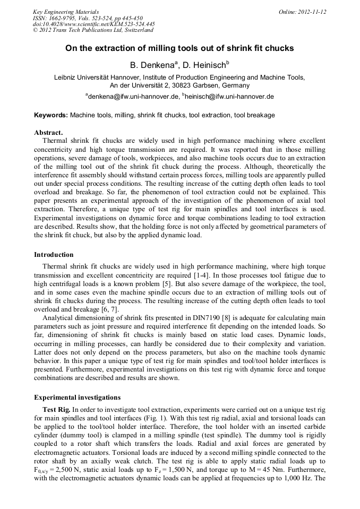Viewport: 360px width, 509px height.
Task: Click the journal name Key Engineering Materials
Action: tap(65, 12)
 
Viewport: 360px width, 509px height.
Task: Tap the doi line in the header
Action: tap(94, 24)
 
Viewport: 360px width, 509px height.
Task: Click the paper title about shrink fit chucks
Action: tap(179, 48)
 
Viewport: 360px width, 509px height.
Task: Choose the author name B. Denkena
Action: tap(153, 66)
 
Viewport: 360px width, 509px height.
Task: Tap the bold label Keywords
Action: tap(51, 115)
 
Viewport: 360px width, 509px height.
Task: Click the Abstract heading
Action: tap(48, 132)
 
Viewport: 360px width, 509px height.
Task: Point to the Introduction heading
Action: tap(54, 255)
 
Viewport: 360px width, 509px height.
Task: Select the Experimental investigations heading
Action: tap(77, 397)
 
